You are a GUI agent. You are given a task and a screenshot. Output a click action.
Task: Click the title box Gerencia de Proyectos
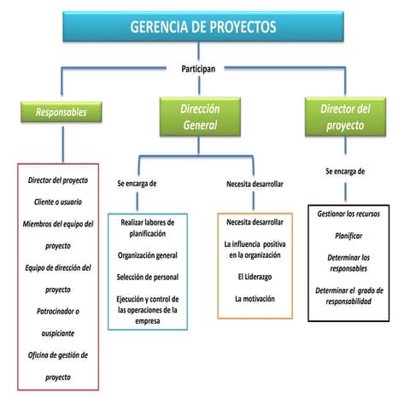203,27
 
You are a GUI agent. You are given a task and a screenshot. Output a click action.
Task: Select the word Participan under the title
203,67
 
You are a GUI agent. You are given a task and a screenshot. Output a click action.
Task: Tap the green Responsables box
61,112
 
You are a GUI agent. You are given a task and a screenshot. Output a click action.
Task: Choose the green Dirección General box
199,117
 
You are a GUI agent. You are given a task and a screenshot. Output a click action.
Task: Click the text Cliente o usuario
58,202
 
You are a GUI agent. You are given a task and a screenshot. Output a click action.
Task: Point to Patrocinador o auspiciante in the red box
58,321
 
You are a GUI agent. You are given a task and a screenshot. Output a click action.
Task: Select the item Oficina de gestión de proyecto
58,365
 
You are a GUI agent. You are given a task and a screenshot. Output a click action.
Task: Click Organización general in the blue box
148,255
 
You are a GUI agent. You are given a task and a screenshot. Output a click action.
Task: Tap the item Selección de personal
148,276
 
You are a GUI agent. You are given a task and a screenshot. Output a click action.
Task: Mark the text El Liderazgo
254,277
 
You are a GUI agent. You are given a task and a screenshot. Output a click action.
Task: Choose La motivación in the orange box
254,298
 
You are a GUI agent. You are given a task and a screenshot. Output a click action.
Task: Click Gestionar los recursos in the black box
348,213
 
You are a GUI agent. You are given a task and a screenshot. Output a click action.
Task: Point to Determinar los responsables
348,263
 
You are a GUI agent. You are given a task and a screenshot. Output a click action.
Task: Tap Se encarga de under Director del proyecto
345,171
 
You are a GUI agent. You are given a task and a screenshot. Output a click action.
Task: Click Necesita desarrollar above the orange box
255,184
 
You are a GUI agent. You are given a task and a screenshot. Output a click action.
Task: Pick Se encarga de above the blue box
137,184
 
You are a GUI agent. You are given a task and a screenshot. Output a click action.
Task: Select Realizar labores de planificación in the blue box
148,227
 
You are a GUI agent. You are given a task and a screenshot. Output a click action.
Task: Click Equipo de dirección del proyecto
58,278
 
